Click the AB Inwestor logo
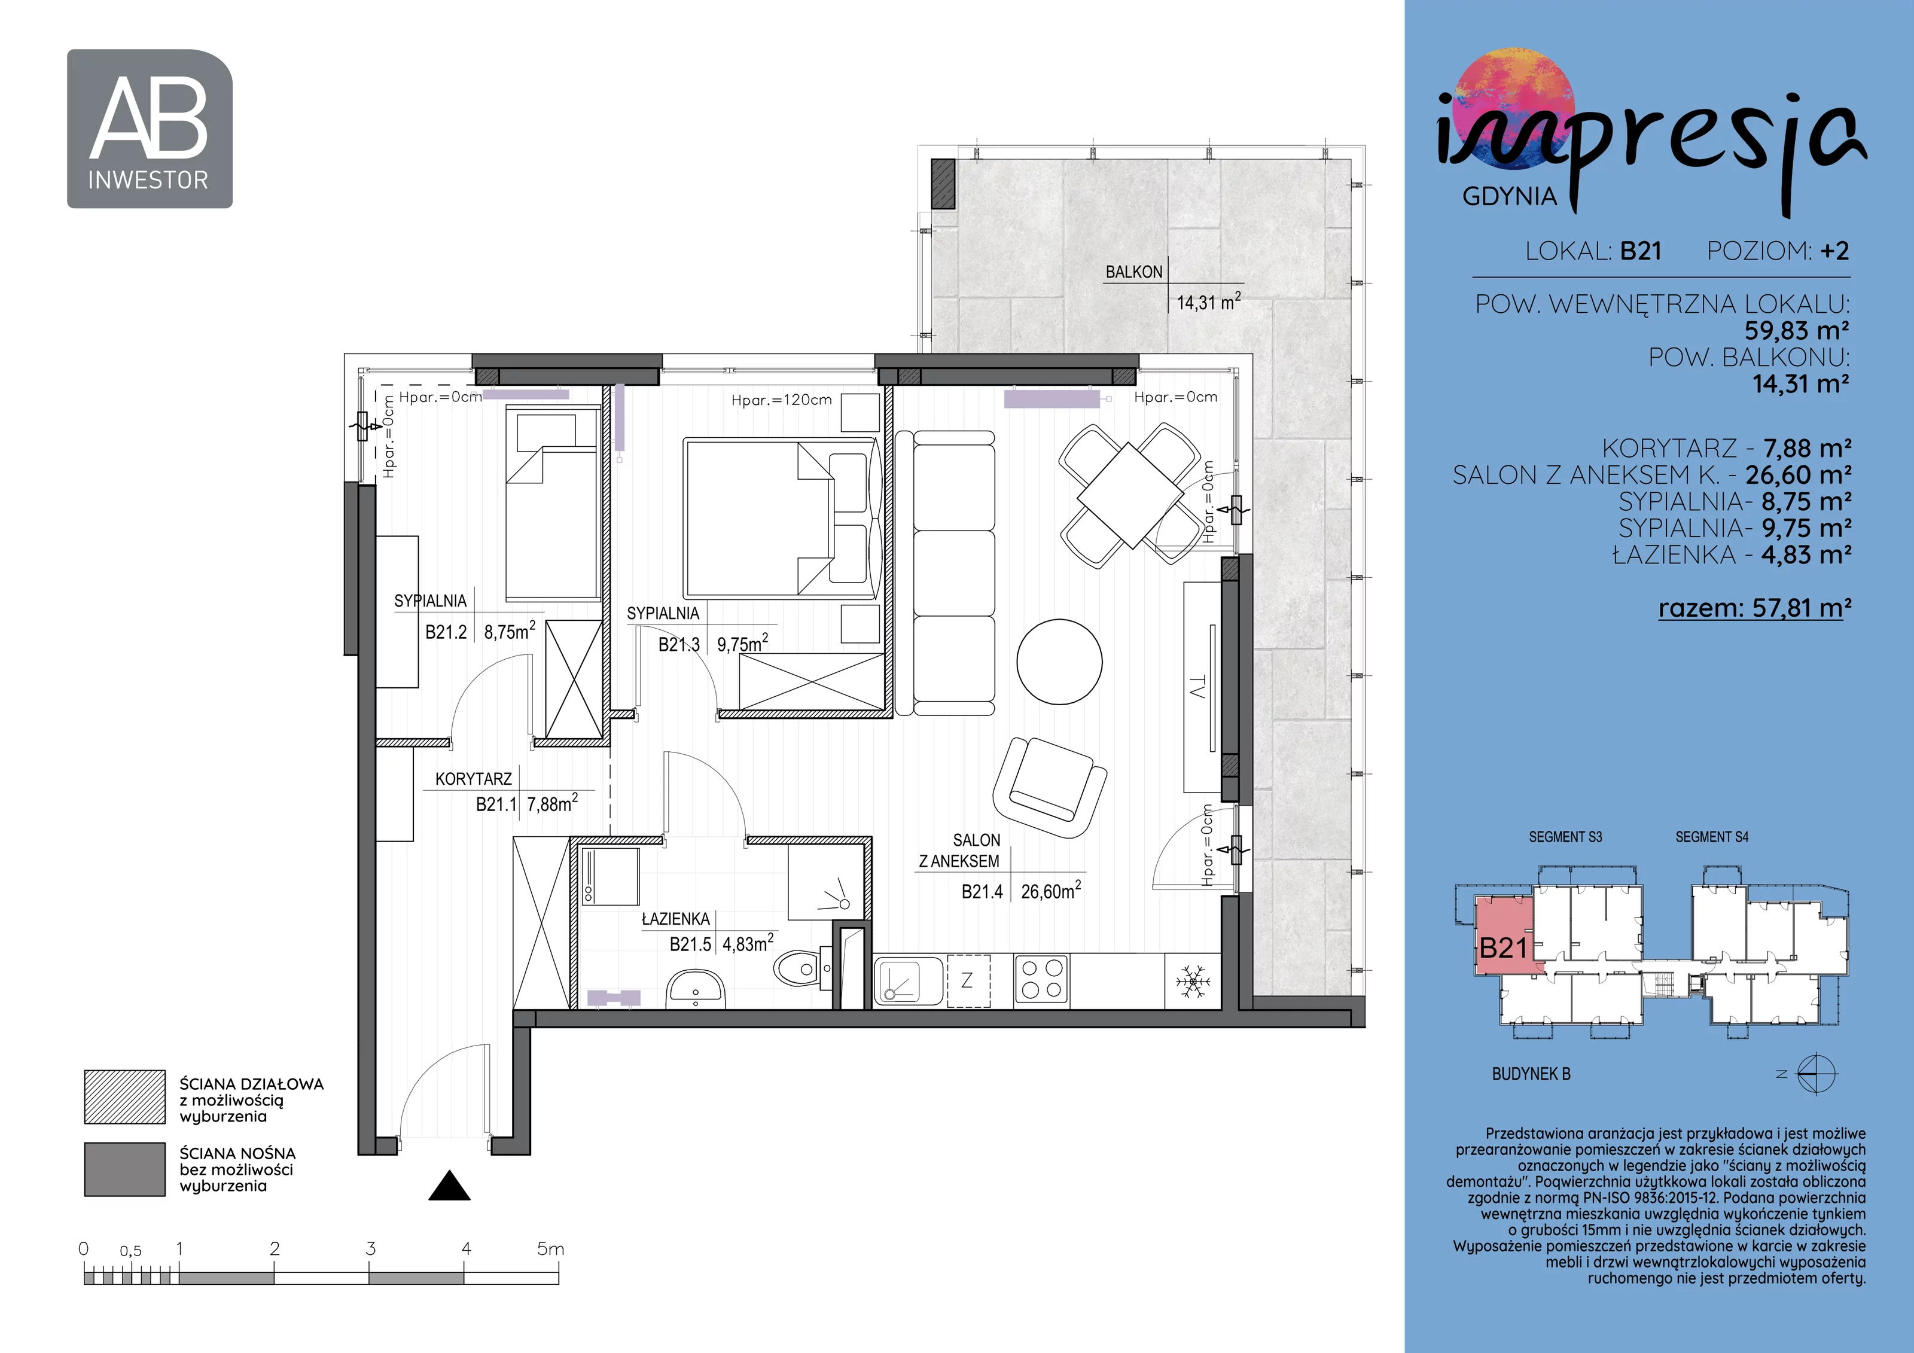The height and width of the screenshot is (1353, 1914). [150, 129]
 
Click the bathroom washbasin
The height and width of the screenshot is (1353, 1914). [694, 988]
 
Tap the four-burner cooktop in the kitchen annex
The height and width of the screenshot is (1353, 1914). [1042, 980]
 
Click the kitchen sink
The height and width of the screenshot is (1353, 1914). [909, 980]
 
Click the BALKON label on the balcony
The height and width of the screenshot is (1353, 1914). [1133, 272]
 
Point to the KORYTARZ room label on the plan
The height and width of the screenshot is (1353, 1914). [474, 779]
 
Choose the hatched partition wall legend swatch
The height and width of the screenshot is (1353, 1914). [125, 1097]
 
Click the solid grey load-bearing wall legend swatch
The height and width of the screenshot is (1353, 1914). [125, 1169]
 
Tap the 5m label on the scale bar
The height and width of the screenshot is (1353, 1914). [550, 1249]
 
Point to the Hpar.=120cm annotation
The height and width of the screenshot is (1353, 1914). [781, 400]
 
